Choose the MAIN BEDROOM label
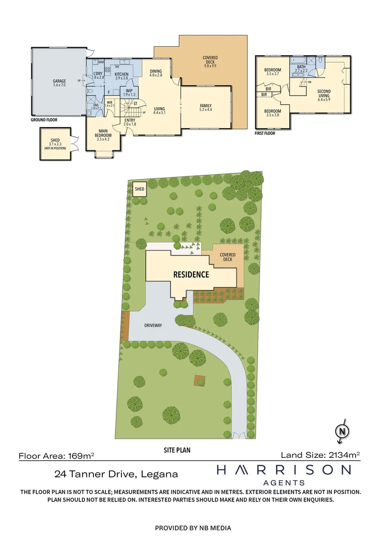[x=103, y=133]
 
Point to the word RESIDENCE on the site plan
[x=191, y=274]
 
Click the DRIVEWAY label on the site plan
[x=153, y=325]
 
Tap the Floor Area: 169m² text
[x=56, y=455]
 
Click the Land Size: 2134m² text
[x=320, y=454]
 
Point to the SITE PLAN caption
[x=177, y=450]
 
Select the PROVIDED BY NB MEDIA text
[x=193, y=528]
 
